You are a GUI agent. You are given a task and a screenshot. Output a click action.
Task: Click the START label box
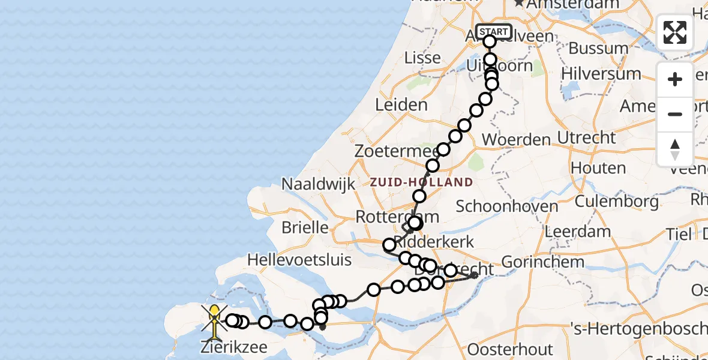tap(493, 32)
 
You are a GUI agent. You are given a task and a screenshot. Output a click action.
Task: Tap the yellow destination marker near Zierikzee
tap(214, 314)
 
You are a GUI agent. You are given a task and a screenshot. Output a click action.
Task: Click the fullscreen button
tap(675, 32)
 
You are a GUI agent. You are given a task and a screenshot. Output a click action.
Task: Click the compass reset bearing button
tap(675, 149)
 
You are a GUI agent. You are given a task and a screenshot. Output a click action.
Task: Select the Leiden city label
tap(401, 104)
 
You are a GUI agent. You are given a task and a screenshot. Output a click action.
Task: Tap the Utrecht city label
tap(586, 138)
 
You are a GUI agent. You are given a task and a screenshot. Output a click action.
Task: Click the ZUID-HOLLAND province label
tap(421, 182)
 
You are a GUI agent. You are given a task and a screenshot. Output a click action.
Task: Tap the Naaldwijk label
tap(319, 184)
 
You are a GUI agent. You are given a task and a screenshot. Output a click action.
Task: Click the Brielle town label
tap(306, 228)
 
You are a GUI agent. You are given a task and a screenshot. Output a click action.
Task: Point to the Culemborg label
tap(616, 202)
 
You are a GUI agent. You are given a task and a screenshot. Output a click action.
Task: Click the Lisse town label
tap(423, 58)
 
